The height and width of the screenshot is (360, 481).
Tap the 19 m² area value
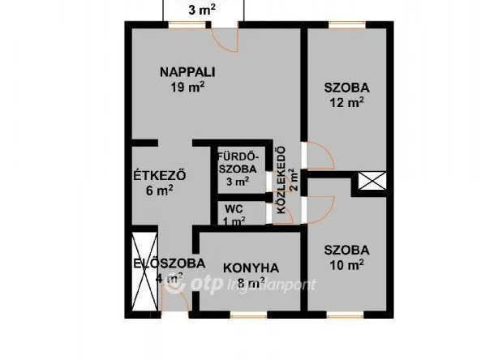click(x=186, y=87)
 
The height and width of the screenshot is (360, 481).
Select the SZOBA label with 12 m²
click(x=346, y=88)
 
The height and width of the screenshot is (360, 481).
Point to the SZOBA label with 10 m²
click(x=346, y=250)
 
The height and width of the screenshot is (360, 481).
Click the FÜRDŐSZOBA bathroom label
click(x=238, y=162)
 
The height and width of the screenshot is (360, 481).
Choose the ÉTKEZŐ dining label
click(x=161, y=175)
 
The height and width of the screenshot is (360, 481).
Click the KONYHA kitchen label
click(x=251, y=267)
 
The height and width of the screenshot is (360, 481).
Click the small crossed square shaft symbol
click(x=371, y=183)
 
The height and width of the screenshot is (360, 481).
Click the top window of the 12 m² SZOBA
click(x=345, y=25)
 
